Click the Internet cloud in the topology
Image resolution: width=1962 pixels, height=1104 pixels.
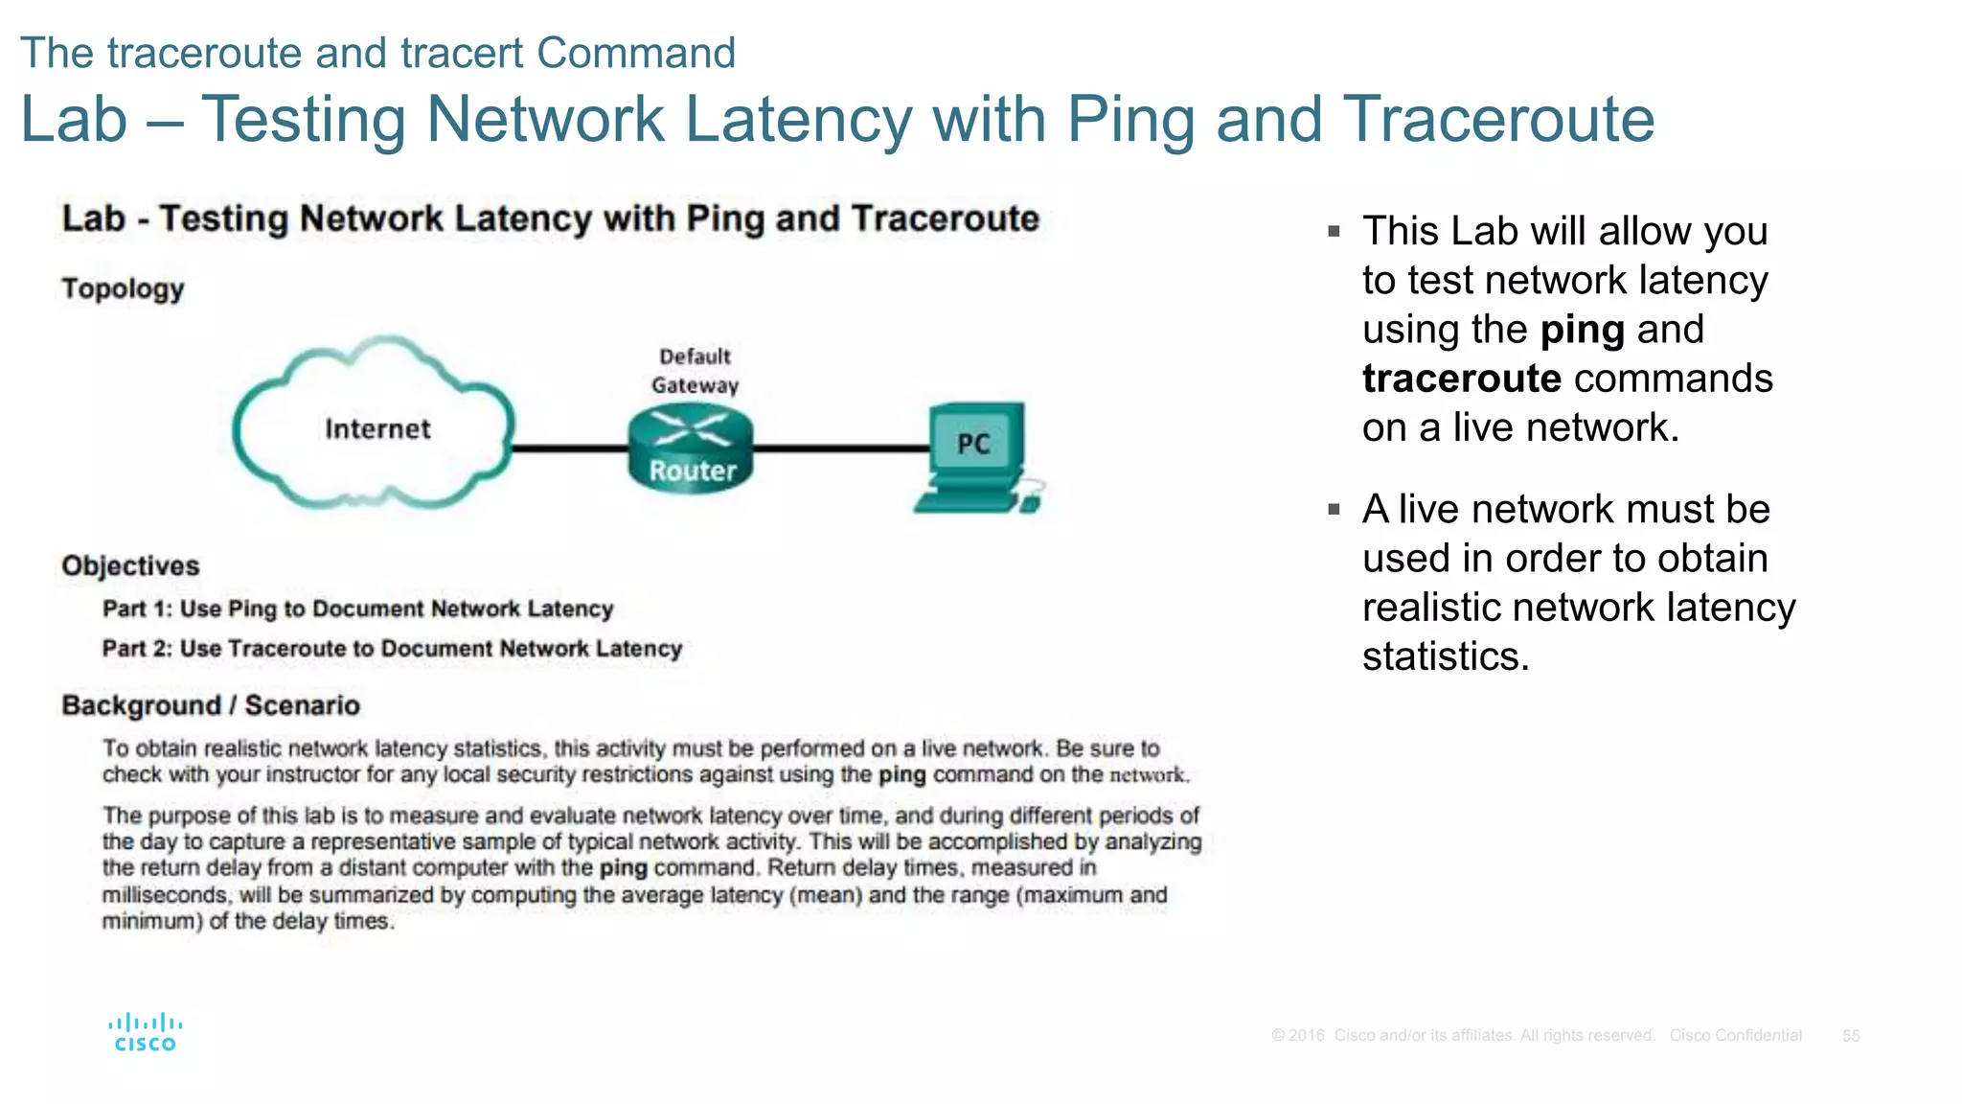click(x=376, y=426)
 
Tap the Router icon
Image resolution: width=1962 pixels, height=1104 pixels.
click(x=691, y=448)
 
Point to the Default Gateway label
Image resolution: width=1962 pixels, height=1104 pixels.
click(x=695, y=371)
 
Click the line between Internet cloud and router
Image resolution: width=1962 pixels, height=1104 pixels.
click(x=570, y=448)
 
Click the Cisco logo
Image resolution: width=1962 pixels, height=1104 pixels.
click(x=145, y=1033)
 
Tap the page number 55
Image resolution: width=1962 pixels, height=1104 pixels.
click(x=1851, y=1036)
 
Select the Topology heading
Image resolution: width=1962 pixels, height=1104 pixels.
click(x=123, y=288)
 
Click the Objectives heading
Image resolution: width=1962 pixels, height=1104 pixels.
click(x=130, y=565)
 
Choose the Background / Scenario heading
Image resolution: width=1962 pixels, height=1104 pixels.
click(x=211, y=705)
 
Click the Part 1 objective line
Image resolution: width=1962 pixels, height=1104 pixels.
click(x=357, y=609)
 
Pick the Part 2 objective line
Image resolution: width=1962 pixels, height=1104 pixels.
click(x=392, y=649)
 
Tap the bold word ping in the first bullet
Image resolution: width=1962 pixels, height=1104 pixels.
click(x=1583, y=330)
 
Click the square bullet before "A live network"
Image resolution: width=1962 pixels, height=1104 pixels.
click(x=1334, y=510)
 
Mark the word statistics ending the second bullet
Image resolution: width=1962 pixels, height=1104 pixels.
click(x=1445, y=656)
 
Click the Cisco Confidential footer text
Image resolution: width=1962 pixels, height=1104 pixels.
click(x=1735, y=1036)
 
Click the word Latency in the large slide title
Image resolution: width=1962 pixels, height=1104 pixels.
click(x=798, y=120)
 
